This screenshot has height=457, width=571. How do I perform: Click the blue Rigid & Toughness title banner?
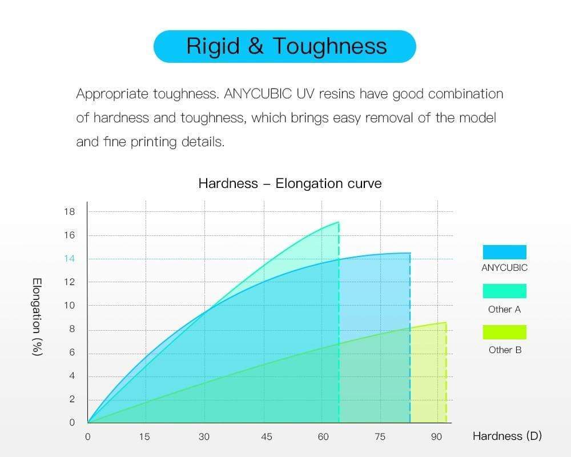pyautogui.click(x=284, y=46)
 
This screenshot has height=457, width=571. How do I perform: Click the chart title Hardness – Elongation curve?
pyautogui.click(x=289, y=183)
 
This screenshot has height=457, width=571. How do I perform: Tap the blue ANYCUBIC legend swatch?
pyautogui.click(x=504, y=252)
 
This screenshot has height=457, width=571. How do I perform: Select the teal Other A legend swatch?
pyautogui.click(x=504, y=291)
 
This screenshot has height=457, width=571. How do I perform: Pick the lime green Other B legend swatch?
pyautogui.click(x=504, y=332)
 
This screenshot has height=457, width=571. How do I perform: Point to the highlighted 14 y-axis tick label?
pyautogui.click(x=69, y=259)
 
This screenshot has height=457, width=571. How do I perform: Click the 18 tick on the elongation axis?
pyautogui.click(x=69, y=212)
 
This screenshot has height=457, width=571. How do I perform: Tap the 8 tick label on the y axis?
pyautogui.click(x=72, y=329)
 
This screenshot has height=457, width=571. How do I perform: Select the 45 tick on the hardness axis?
pyautogui.click(x=266, y=437)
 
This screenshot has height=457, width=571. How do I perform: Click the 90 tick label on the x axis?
pyautogui.click(x=437, y=437)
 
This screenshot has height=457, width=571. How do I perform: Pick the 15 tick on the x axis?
pyautogui.click(x=144, y=437)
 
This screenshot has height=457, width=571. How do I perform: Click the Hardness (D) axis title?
pyautogui.click(x=507, y=436)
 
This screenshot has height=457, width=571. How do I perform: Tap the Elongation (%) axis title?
pyautogui.click(x=38, y=317)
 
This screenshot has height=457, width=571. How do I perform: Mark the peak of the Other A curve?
pyautogui.click(x=339, y=222)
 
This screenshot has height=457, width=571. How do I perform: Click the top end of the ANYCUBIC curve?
pyautogui.click(x=410, y=253)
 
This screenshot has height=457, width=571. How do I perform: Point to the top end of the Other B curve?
pyautogui.click(x=445, y=323)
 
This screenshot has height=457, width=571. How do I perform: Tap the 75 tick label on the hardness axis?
pyautogui.click(x=380, y=437)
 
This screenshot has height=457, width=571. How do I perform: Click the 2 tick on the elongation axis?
pyautogui.click(x=72, y=399)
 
